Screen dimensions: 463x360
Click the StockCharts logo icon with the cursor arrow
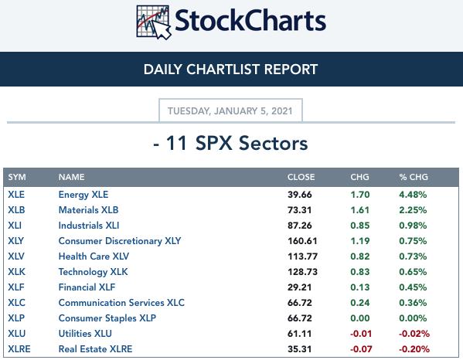pyautogui.click(x=154, y=22)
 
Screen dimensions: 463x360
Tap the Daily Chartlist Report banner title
pyautogui.click(x=230, y=70)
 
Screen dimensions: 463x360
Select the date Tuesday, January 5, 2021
pyautogui.click(x=230, y=111)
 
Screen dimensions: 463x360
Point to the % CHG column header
pyautogui.click(x=414, y=177)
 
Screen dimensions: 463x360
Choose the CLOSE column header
pyautogui.click(x=301, y=177)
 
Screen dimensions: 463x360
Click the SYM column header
pyautogui.click(x=17, y=177)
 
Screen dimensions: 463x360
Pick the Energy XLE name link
pyautogui.click(x=83, y=195)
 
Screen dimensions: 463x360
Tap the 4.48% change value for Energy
pyautogui.click(x=413, y=195)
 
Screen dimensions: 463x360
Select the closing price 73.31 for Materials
pyautogui.click(x=299, y=210)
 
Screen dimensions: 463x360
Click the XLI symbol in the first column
pyautogui.click(x=15, y=226)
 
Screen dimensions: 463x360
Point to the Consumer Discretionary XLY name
pyautogui.click(x=120, y=241)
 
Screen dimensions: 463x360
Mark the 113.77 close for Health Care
pyautogui.click(x=303, y=256)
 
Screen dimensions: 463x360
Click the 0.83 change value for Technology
pyautogui.click(x=360, y=272)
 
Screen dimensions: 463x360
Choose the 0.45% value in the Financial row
pyautogui.click(x=413, y=287)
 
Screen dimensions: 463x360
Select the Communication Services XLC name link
pyautogui.click(x=121, y=303)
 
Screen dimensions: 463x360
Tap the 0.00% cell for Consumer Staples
pyautogui.click(x=413, y=318)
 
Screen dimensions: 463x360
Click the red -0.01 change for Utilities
pyautogui.click(x=361, y=334)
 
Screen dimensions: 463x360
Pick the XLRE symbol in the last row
pyautogui.click(x=19, y=349)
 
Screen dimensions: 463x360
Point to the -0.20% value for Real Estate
pyautogui.click(x=414, y=349)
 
